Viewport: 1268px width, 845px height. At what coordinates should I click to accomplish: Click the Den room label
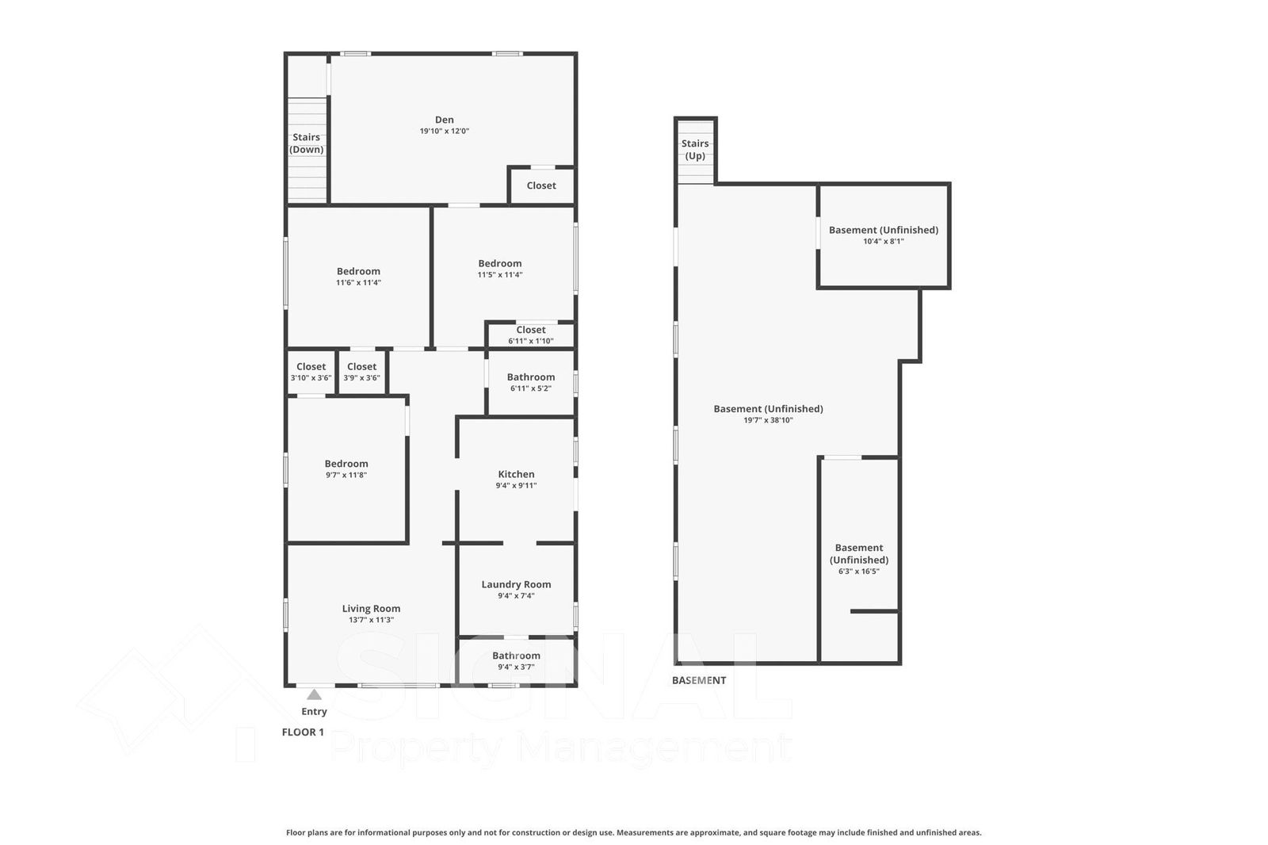tap(445, 120)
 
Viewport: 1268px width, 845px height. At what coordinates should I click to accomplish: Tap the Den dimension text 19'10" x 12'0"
tap(445, 131)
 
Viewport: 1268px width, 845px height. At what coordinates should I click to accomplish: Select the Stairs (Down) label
tap(306, 143)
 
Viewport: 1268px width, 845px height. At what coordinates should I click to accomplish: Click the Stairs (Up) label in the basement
tap(695, 150)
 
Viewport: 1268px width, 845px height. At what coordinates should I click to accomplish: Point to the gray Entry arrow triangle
tap(314, 694)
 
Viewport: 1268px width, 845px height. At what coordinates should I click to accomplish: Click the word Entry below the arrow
tap(314, 711)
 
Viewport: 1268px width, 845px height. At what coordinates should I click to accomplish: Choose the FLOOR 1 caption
tap(303, 732)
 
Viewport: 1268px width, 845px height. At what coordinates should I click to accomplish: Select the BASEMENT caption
tap(699, 680)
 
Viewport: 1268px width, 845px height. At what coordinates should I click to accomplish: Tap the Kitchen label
tap(516, 474)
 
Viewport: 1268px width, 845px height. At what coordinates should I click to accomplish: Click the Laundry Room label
tap(516, 584)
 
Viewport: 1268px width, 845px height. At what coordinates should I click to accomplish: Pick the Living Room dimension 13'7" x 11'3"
tap(372, 620)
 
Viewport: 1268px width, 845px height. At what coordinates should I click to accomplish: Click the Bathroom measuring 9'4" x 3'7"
tap(516, 656)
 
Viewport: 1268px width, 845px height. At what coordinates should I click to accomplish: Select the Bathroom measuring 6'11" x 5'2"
tap(531, 377)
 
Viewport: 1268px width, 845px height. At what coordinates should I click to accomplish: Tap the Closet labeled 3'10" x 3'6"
tap(311, 366)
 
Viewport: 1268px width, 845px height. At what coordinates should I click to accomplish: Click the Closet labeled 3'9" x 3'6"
tap(361, 366)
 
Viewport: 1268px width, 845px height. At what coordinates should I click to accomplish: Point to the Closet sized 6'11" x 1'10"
tap(531, 330)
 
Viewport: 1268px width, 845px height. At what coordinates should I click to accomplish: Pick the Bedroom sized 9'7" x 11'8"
tap(346, 463)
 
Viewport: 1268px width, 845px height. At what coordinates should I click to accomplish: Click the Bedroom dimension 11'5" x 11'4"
tap(500, 275)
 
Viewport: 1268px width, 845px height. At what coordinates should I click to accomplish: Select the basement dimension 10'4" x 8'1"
tap(884, 241)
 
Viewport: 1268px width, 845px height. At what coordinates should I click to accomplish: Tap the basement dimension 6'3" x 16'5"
tap(859, 572)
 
